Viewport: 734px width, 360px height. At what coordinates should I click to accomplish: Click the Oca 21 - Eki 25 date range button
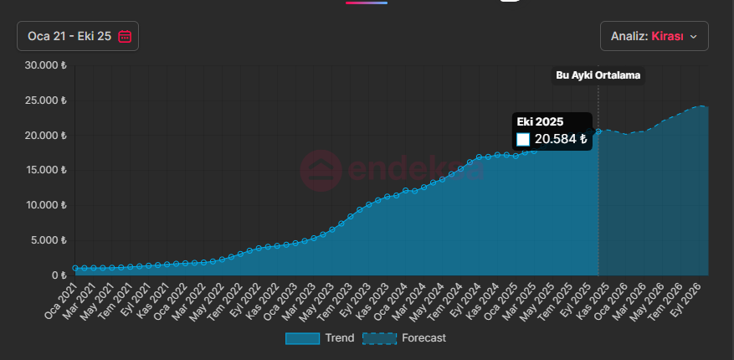click(77, 36)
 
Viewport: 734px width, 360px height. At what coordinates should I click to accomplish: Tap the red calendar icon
click(125, 36)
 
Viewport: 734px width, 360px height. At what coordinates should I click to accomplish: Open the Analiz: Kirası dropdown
click(654, 36)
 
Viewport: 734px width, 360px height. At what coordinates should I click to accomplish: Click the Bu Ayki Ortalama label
click(598, 75)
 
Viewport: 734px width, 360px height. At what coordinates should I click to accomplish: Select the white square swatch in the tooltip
click(523, 139)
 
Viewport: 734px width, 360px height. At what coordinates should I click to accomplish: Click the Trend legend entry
click(319, 338)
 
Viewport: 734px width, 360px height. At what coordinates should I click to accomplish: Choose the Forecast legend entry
click(405, 338)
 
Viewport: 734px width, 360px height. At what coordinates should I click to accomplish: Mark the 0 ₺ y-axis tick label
click(59, 275)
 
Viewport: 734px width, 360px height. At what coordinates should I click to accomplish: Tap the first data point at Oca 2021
click(75, 269)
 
